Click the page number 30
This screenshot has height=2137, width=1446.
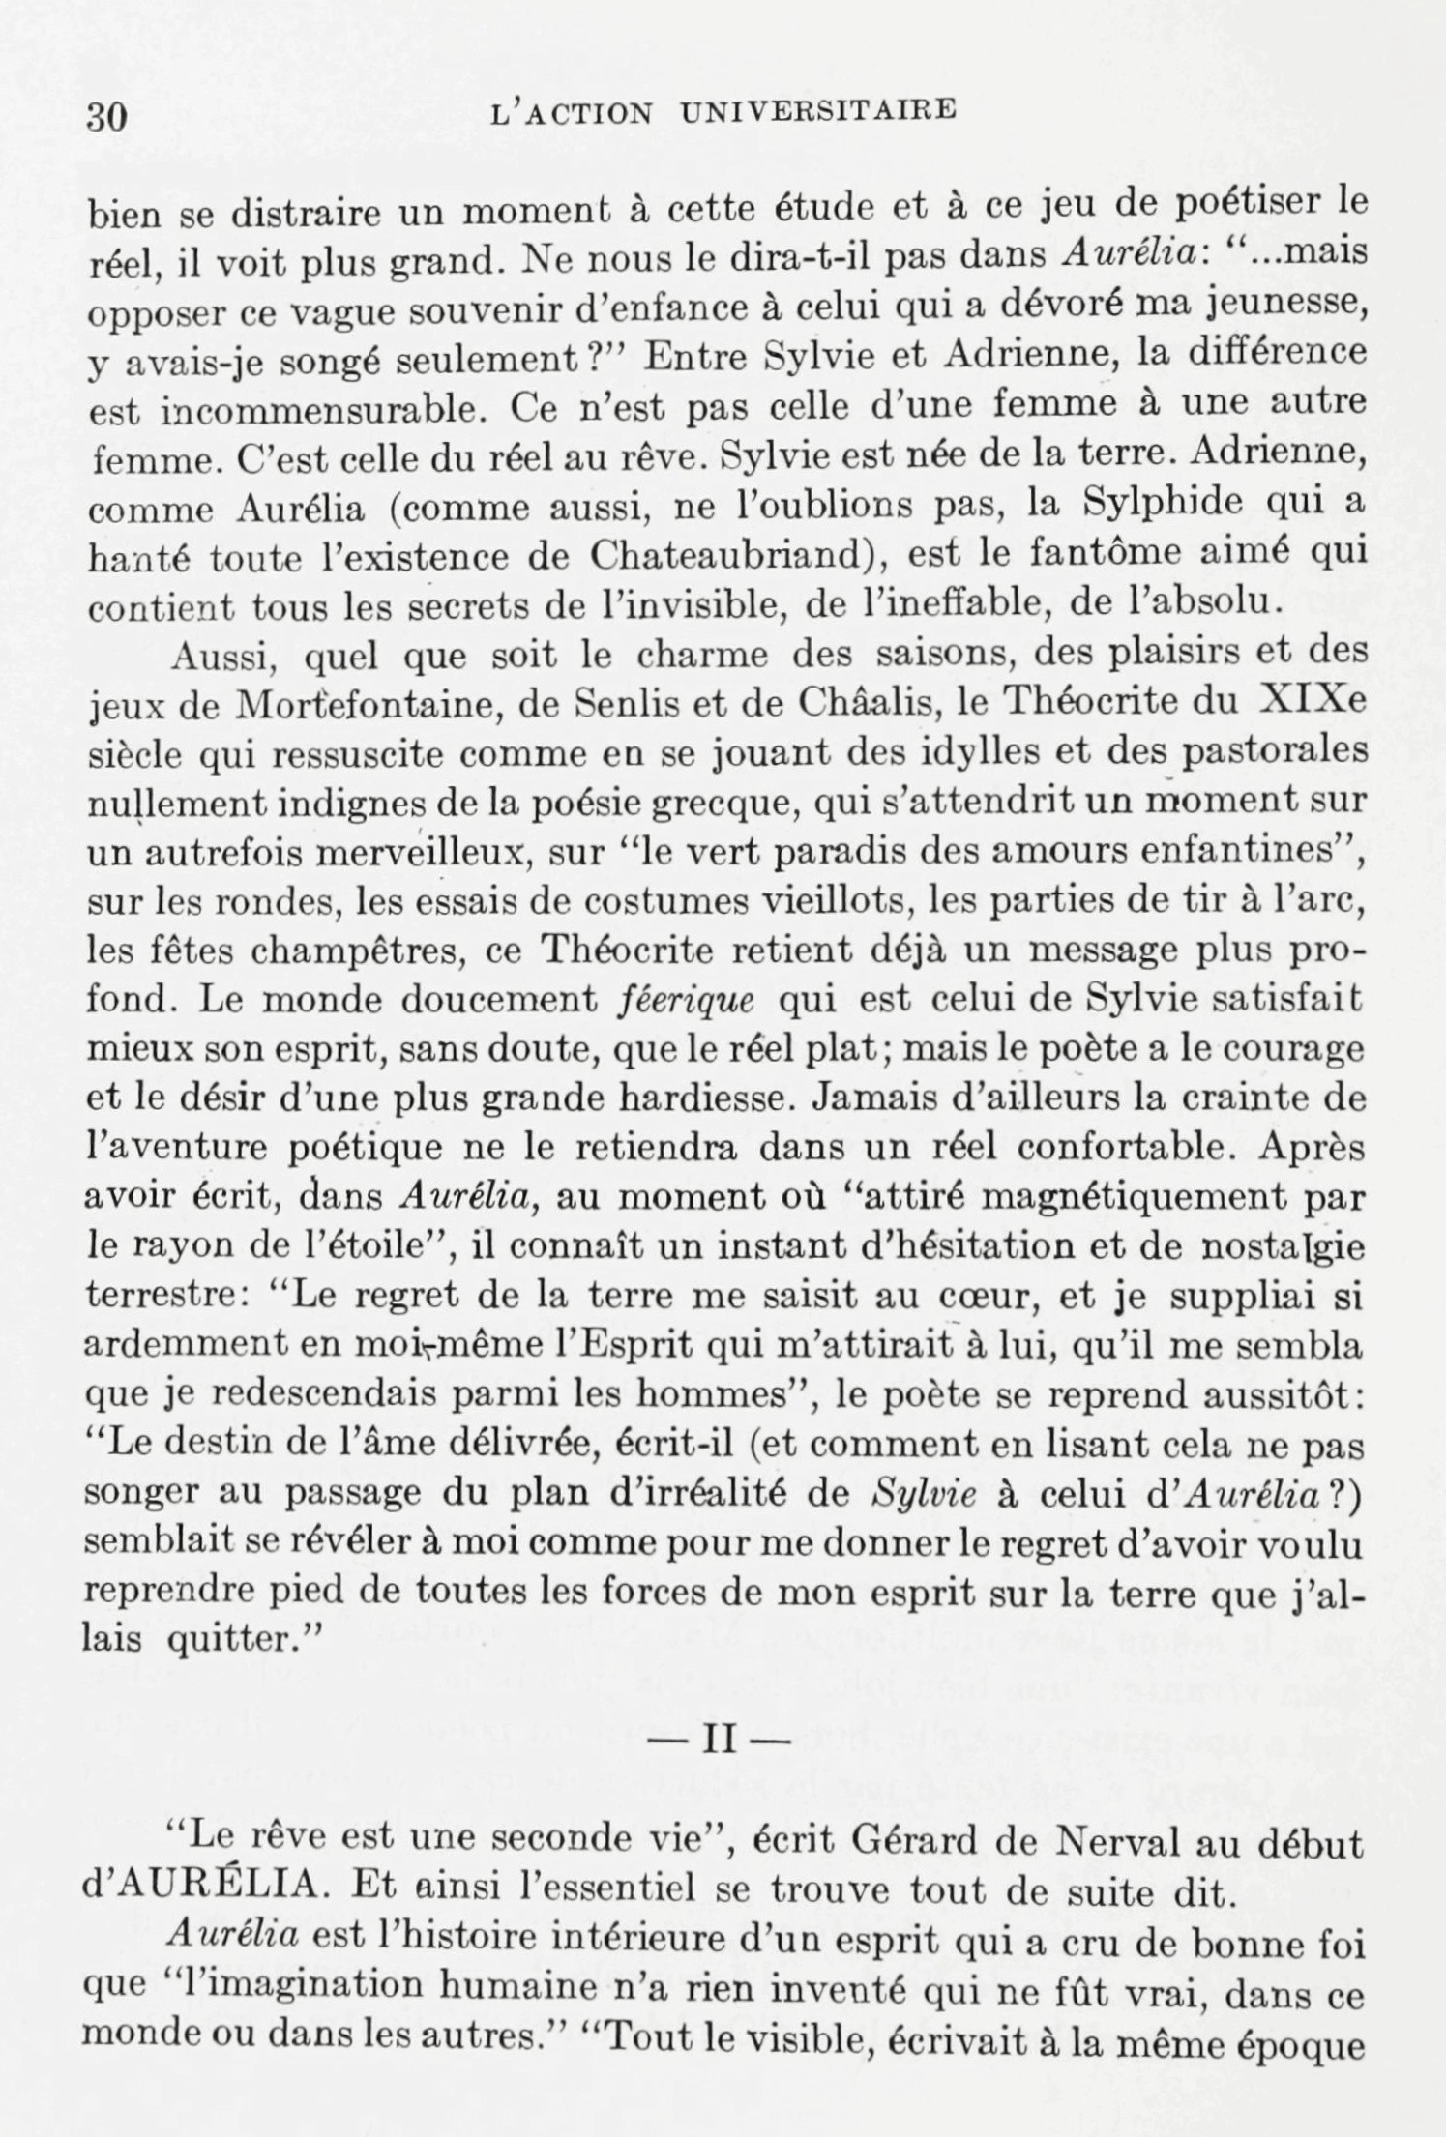(x=107, y=118)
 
